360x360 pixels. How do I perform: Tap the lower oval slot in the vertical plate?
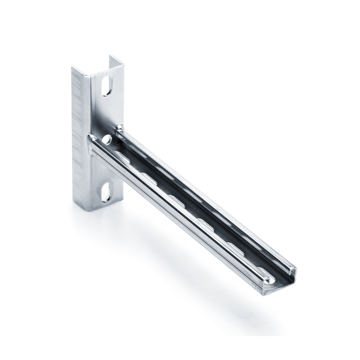(106, 192)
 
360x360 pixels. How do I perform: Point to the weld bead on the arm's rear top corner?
(119, 128)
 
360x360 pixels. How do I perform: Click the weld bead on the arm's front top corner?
(92, 138)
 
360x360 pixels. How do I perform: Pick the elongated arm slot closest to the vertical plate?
(123, 157)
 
